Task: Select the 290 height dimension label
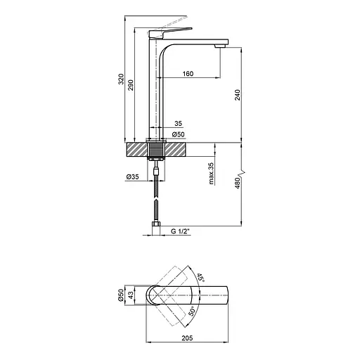131,83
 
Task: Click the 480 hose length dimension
237,184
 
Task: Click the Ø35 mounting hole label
133,176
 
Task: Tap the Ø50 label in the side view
179,134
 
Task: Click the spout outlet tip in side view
220,44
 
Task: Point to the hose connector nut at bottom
156,228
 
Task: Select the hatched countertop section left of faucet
136,150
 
